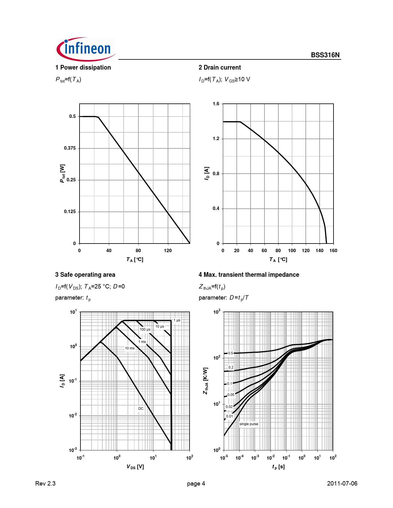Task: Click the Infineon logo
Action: [x=86, y=49]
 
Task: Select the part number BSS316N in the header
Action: [x=325, y=55]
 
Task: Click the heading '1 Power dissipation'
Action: [x=83, y=67]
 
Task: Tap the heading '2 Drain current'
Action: [x=220, y=67]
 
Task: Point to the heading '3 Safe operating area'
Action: [x=85, y=275]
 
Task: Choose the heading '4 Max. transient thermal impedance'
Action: [x=249, y=275]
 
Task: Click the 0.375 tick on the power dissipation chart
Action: [x=70, y=148]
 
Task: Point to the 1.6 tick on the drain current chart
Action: [x=216, y=104]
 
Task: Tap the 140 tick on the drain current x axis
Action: [x=319, y=251]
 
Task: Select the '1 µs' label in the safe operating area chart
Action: [x=177, y=320]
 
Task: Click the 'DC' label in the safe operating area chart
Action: [x=141, y=409]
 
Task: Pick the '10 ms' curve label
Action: [x=129, y=348]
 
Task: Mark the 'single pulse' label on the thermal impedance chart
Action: [x=249, y=424]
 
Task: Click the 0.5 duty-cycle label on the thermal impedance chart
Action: [x=230, y=353]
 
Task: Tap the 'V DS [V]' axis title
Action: [x=135, y=467]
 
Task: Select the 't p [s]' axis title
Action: [x=278, y=467]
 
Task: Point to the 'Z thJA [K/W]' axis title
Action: [x=206, y=381]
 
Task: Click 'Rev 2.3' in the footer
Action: [x=45, y=483]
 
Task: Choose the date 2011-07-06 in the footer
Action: [x=342, y=483]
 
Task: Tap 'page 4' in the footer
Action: [x=196, y=483]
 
